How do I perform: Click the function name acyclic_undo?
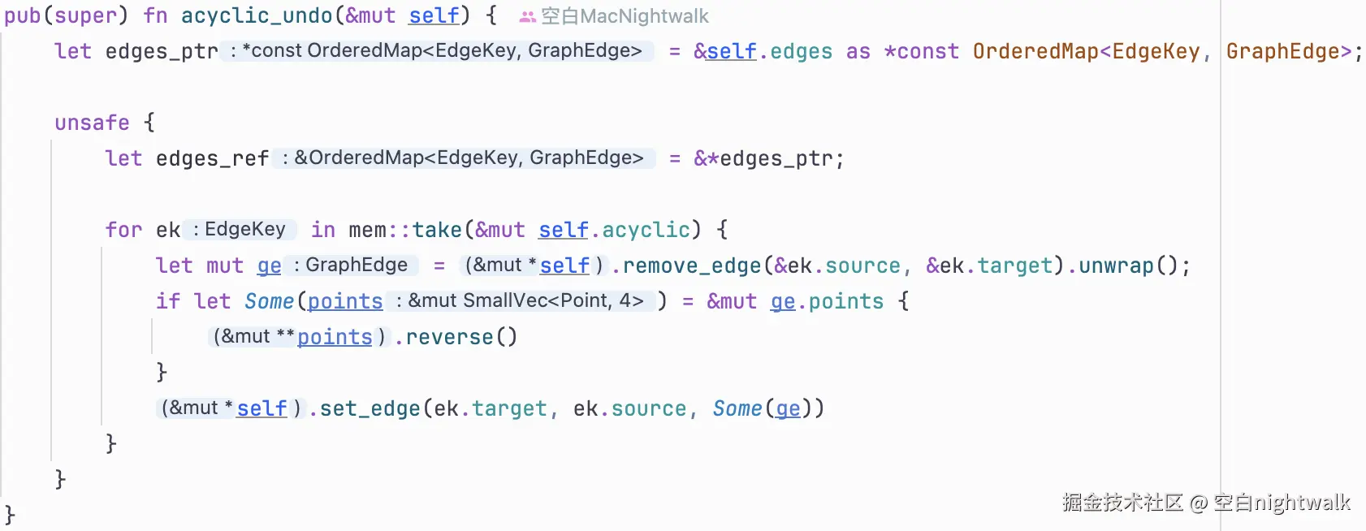257,15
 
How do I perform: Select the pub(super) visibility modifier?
66,15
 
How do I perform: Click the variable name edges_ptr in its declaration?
162,51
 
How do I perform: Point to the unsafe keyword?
92,123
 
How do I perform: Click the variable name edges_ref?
212,158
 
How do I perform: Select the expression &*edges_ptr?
768,158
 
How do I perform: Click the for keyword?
123,230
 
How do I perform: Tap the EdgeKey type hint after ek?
244,230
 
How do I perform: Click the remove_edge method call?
692,265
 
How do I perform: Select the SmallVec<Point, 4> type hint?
553,301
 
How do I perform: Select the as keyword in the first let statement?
858,51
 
